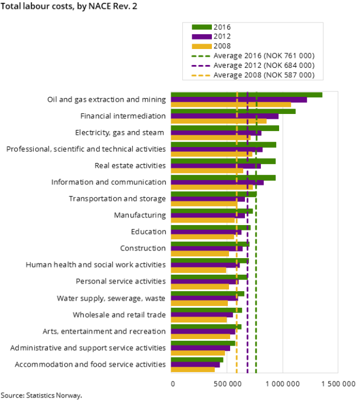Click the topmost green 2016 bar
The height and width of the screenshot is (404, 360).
coord(246,95)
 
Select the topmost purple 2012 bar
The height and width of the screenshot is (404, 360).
coord(238,100)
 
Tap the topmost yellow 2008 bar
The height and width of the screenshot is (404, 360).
coord(230,105)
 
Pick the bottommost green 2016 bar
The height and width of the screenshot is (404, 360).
coord(197,360)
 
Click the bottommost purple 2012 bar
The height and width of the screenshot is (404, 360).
coord(195,365)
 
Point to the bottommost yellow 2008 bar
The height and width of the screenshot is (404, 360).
coord(192,370)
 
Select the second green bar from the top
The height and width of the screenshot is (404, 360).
coord(233,111)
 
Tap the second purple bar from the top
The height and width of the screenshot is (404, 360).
coord(224,116)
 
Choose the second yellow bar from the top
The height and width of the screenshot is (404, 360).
coord(218,122)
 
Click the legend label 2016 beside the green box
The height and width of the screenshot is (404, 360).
coord(222,27)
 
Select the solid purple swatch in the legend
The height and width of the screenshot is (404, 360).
coord(201,37)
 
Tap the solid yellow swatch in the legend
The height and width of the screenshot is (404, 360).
coord(201,46)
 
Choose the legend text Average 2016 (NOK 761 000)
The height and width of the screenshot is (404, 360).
coord(264,56)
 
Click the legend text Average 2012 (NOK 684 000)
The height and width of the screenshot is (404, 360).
coord(264,65)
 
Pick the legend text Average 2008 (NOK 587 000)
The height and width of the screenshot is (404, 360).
coord(264,75)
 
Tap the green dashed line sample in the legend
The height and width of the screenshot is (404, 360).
coord(201,56)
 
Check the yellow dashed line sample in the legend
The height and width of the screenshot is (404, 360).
coord(201,75)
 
